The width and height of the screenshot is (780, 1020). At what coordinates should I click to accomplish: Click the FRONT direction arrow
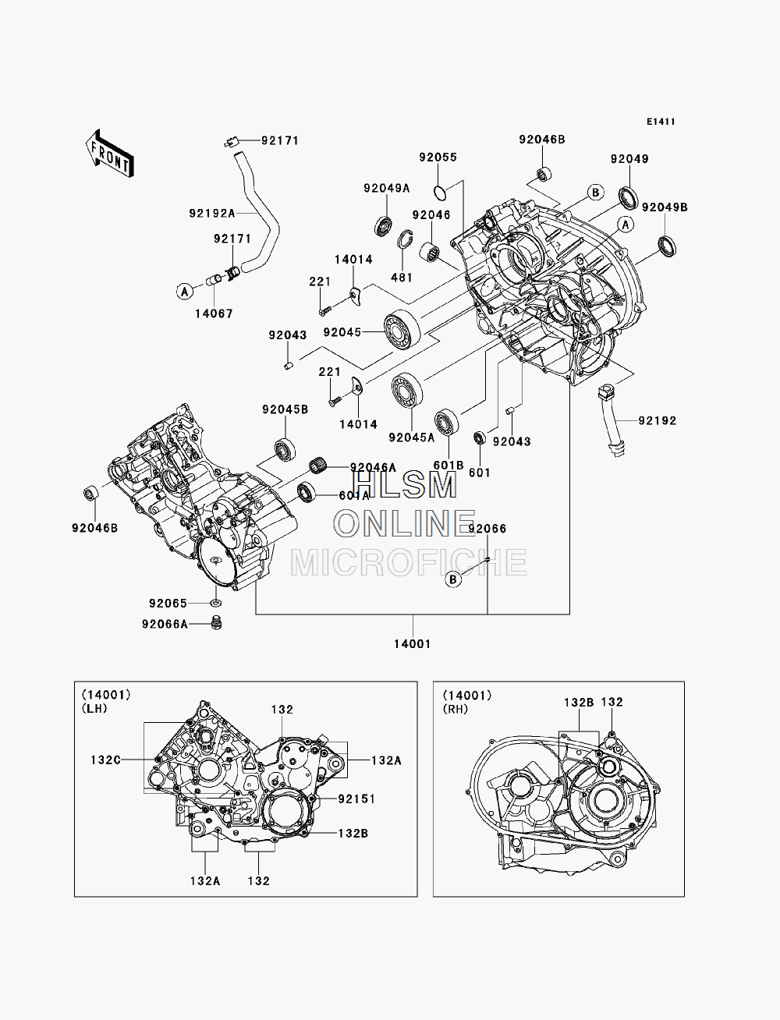(110, 153)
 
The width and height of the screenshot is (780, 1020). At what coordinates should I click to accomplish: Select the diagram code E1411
(661, 122)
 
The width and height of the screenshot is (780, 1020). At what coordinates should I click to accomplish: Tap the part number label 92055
(438, 157)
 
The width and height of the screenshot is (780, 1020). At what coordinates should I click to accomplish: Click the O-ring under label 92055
(440, 191)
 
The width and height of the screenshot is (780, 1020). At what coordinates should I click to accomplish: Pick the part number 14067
(214, 313)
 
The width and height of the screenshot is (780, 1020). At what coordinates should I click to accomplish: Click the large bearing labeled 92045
(402, 329)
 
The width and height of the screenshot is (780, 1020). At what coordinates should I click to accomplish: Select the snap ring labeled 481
(406, 239)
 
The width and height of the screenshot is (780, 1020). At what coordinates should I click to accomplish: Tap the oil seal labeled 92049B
(667, 246)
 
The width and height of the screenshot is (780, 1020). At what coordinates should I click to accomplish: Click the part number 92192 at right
(658, 420)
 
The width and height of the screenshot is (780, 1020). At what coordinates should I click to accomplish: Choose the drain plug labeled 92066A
(216, 623)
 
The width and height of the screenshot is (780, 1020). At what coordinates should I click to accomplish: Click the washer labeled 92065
(216, 603)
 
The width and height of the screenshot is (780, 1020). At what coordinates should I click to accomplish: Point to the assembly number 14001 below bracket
(413, 644)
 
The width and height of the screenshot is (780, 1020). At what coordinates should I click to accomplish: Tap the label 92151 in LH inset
(356, 799)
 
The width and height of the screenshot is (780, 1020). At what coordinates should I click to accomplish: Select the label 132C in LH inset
(105, 760)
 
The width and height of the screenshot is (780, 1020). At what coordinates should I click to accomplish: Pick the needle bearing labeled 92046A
(318, 466)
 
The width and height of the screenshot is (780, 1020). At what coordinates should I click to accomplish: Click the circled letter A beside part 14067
(185, 292)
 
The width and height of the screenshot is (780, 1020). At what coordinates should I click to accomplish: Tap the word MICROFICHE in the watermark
(409, 561)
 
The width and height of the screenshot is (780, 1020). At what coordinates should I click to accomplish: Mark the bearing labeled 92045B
(285, 449)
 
